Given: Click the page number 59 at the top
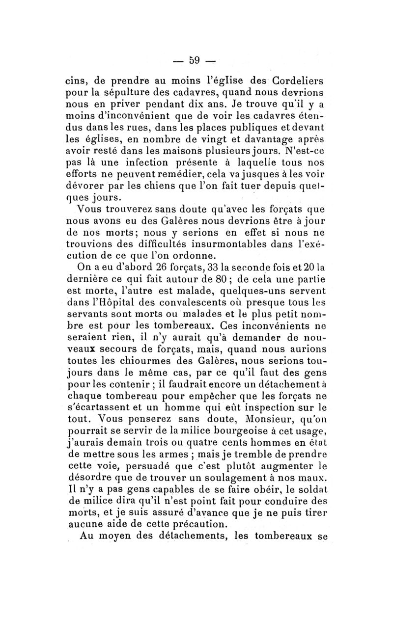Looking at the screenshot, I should [195, 60].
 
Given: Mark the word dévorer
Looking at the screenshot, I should [84, 187].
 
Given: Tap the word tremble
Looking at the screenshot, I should [257, 456].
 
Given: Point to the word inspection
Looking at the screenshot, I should [273, 409].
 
